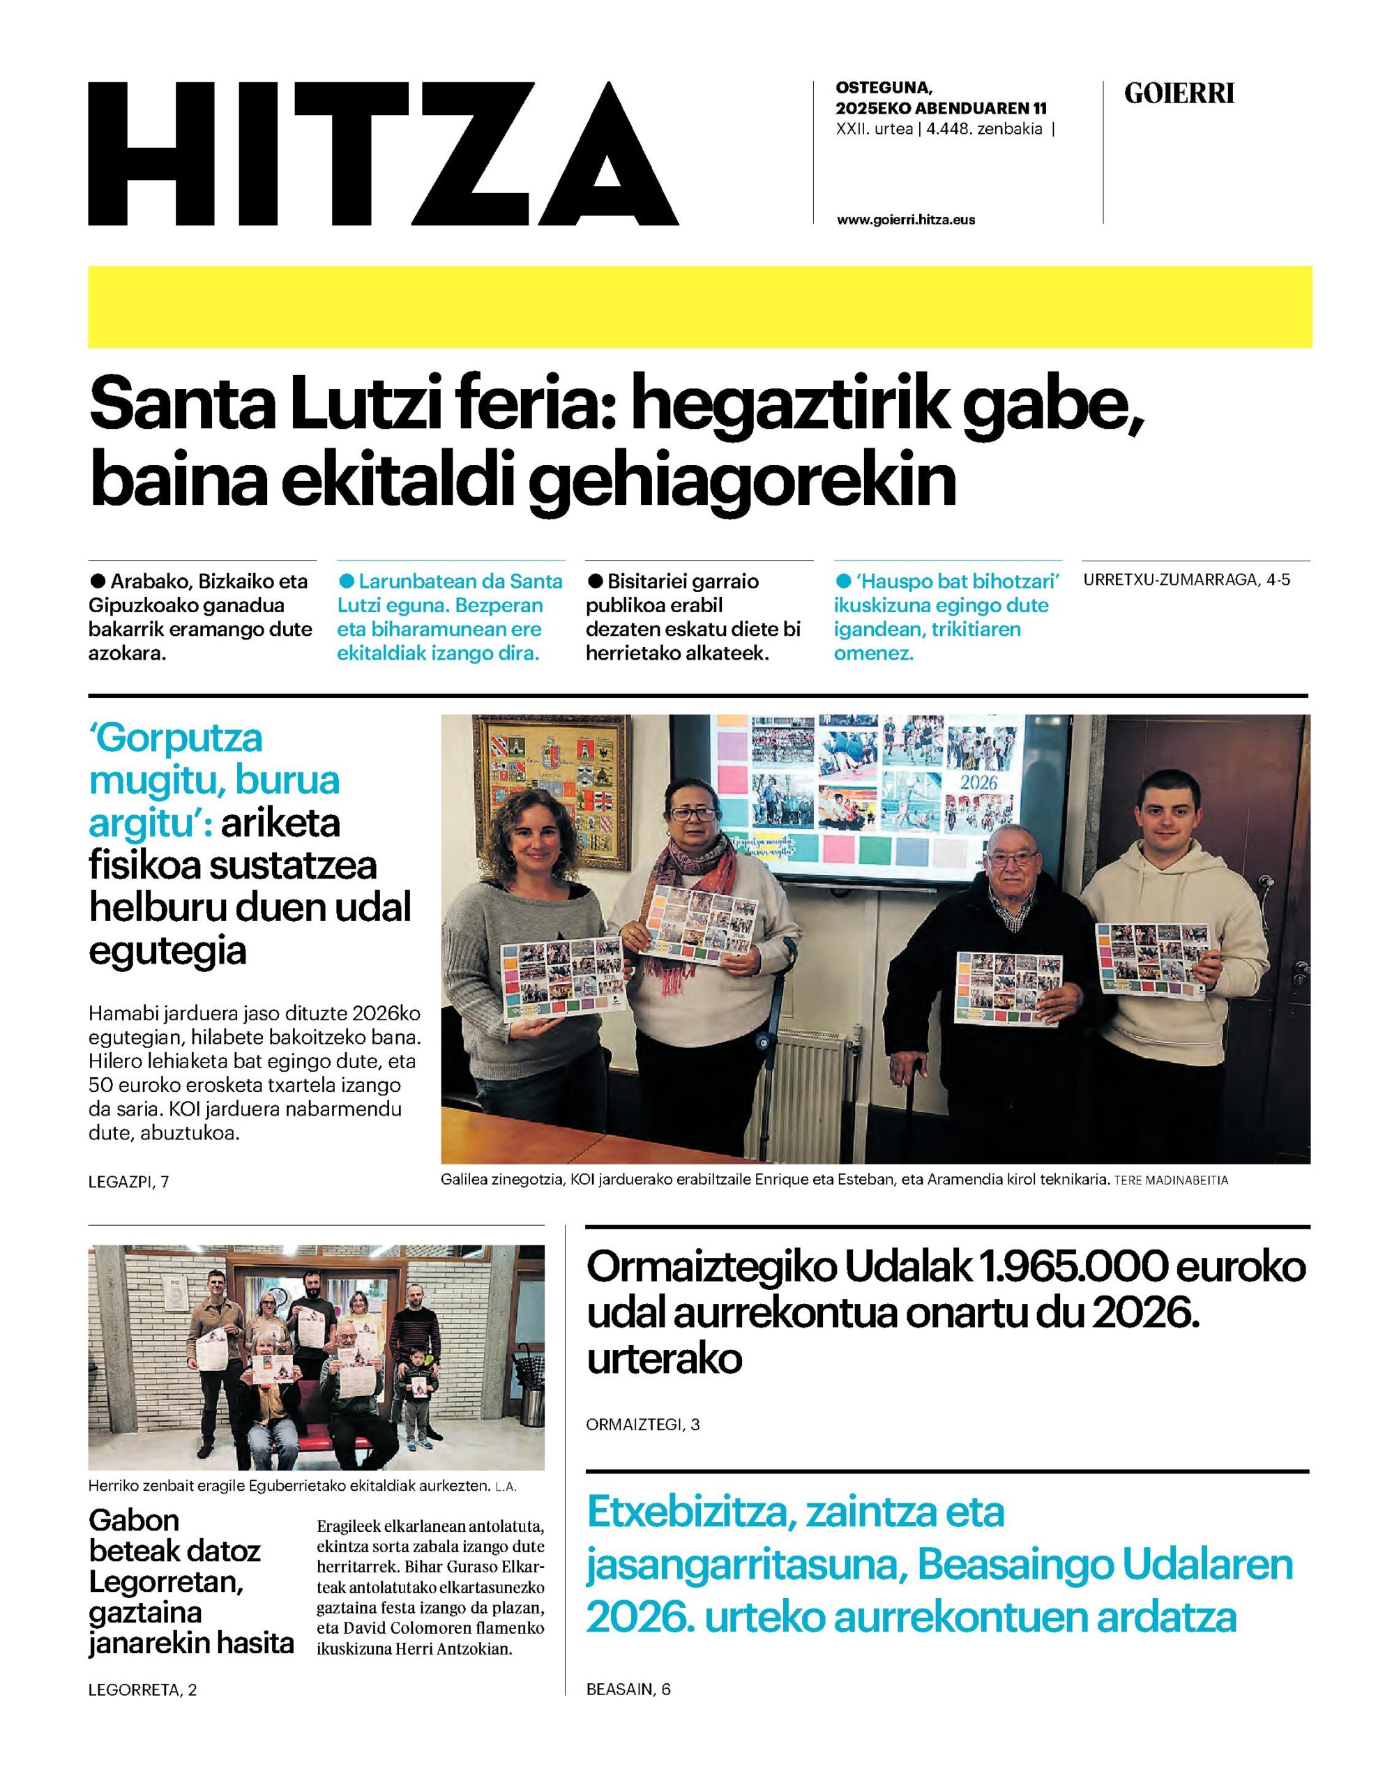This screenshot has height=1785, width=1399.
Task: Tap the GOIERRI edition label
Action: pos(1179,94)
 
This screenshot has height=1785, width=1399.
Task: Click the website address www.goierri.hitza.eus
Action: pos(906,220)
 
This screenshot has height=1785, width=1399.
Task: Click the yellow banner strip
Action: pos(699,306)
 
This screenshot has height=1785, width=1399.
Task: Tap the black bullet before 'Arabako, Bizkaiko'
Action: pos(98,581)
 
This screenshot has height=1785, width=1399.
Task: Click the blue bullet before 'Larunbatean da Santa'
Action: pos(347,581)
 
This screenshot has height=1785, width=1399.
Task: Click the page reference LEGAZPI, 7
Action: pos(128,1182)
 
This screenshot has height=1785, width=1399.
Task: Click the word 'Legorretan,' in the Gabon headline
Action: pos(166,1582)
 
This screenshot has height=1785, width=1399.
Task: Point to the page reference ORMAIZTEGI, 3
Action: pos(643,1424)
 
